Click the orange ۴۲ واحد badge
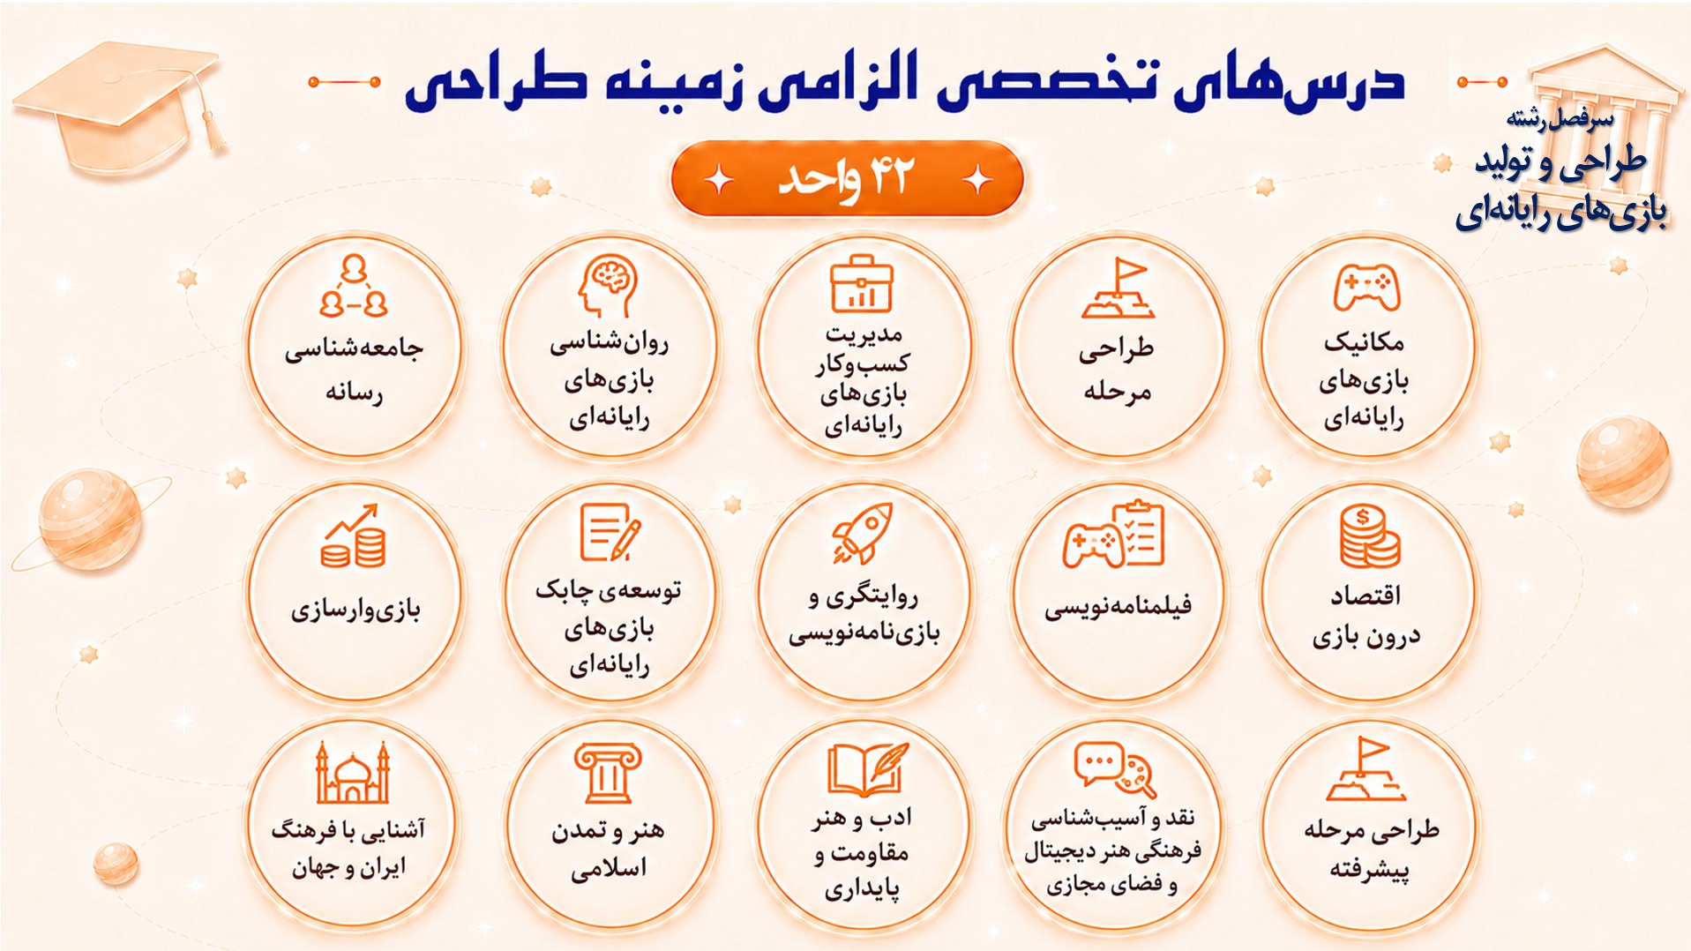847,178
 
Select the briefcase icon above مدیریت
862,283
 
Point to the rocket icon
862,533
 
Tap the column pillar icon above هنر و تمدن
608,772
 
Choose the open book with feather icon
867,769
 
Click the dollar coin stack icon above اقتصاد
1369,535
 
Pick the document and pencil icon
610,532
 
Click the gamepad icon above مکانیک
1366,288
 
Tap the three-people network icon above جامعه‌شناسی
354,285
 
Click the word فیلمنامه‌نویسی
1118,606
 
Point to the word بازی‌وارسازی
355,610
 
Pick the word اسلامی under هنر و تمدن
609,869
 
